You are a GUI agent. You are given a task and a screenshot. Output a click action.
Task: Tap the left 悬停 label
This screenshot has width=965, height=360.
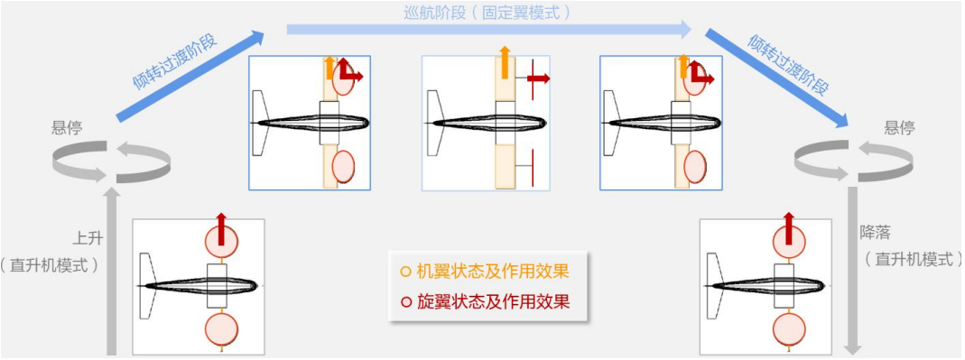(x=67, y=127)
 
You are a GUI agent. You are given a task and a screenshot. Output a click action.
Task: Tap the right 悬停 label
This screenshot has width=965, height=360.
(x=899, y=127)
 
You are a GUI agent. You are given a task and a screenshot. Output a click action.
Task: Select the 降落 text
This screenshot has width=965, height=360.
(x=876, y=232)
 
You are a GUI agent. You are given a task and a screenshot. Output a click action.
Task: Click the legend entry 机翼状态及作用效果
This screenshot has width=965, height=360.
(x=493, y=271)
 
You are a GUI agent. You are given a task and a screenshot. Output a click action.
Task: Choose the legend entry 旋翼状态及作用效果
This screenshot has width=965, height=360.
(x=493, y=301)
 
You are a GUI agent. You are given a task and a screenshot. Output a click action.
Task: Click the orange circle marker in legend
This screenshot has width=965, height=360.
(x=405, y=271)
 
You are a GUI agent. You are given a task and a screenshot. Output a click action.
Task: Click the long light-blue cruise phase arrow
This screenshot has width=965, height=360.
(x=487, y=30)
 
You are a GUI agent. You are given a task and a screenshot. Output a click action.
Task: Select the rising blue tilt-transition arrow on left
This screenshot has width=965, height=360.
(x=190, y=76)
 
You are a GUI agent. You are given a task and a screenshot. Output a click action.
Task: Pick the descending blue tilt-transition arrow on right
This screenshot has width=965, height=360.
(x=776, y=78)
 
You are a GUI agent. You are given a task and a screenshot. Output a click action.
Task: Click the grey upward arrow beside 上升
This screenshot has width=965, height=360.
(x=112, y=271)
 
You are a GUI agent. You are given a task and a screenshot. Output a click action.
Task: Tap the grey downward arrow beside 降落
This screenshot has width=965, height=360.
(x=851, y=271)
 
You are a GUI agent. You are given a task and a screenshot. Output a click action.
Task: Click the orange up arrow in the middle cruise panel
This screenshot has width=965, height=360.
(x=504, y=63)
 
